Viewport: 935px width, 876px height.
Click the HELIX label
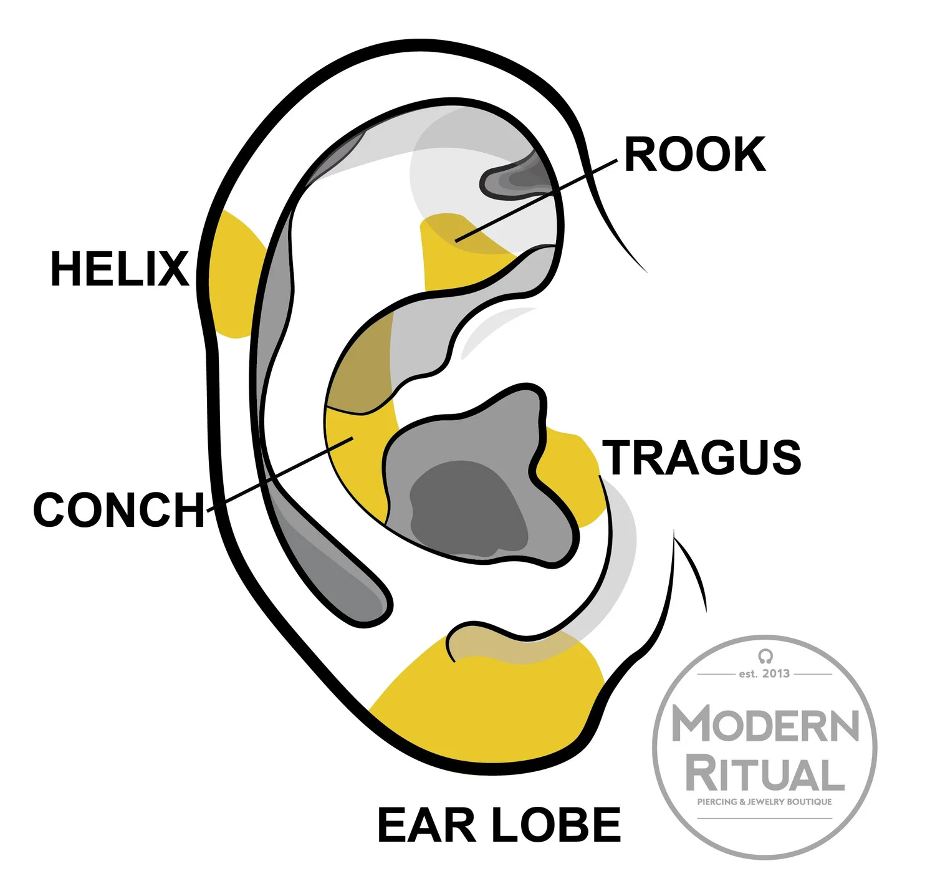120,269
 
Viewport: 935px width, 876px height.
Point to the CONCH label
119,510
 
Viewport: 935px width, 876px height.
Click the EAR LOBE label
499,825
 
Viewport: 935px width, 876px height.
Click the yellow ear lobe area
486,705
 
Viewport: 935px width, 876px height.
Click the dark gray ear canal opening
467,505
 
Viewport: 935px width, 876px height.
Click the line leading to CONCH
280,474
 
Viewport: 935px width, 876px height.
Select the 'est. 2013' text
764,673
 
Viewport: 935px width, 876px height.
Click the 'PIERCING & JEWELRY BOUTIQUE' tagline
764,802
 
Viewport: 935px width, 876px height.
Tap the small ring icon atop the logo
765,656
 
